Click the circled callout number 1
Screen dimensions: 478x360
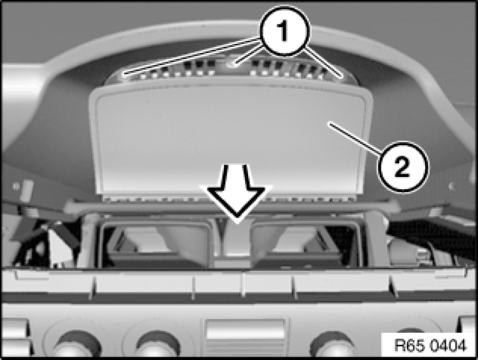(x=284, y=31)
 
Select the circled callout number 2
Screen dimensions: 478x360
(x=403, y=167)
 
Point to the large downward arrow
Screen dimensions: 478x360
(x=236, y=191)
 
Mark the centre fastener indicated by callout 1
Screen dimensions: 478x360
(x=233, y=64)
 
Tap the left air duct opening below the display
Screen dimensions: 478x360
(x=156, y=244)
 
